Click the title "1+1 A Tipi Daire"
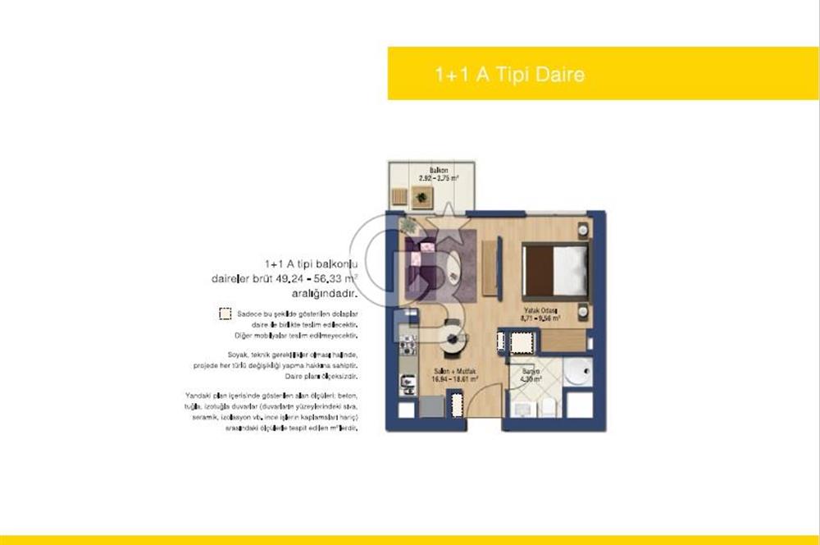pos(509,75)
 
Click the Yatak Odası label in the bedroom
pos(541,310)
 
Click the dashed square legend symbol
pos(225,313)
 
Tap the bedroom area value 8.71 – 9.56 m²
pos(541,318)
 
